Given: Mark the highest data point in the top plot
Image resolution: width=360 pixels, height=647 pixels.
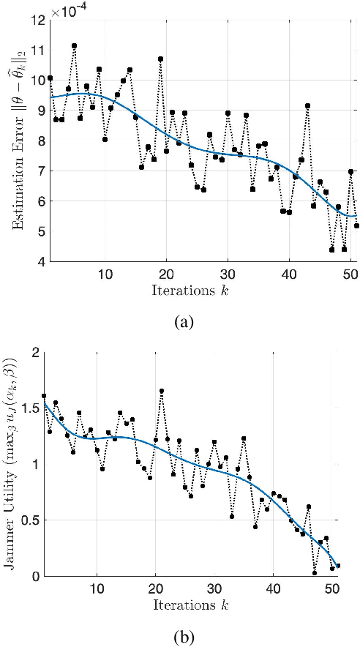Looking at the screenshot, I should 74,46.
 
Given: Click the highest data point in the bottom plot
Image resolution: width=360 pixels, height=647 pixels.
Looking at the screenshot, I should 161,392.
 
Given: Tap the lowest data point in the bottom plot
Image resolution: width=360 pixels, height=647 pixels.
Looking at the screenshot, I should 314,573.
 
